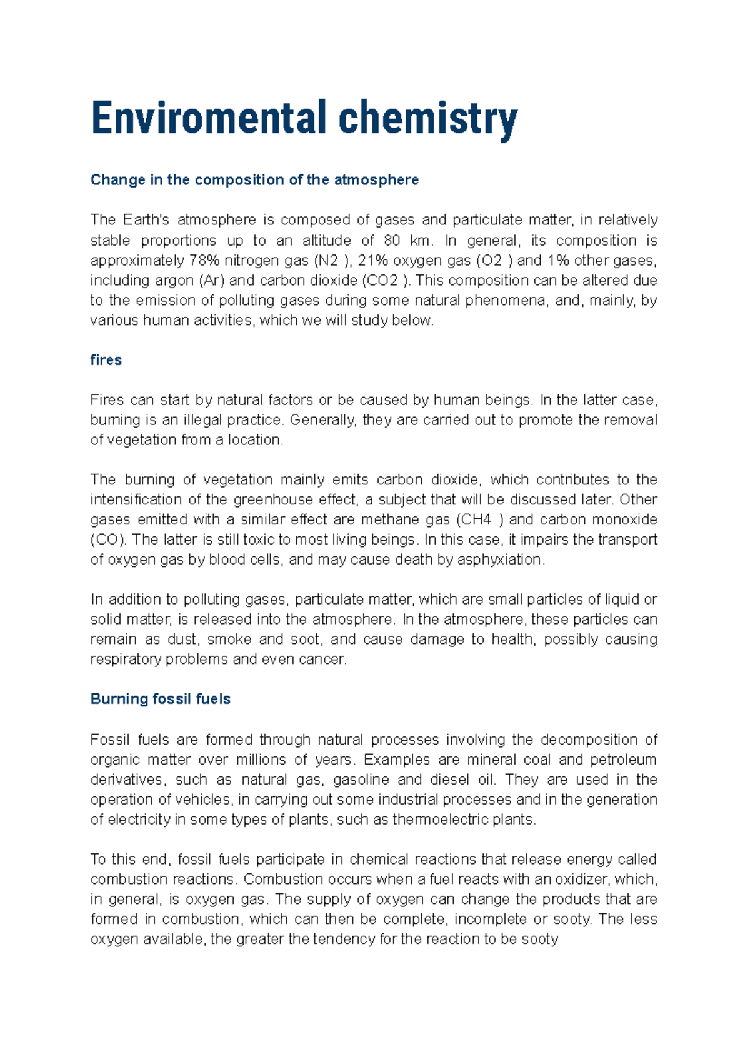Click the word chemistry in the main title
tap(428, 118)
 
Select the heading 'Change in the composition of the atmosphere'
tap(254, 180)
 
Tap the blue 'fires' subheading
tap(106, 360)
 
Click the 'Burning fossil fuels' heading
tap(161, 699)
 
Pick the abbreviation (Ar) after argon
tap(211, 280)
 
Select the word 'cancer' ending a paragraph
tap(325, 659)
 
